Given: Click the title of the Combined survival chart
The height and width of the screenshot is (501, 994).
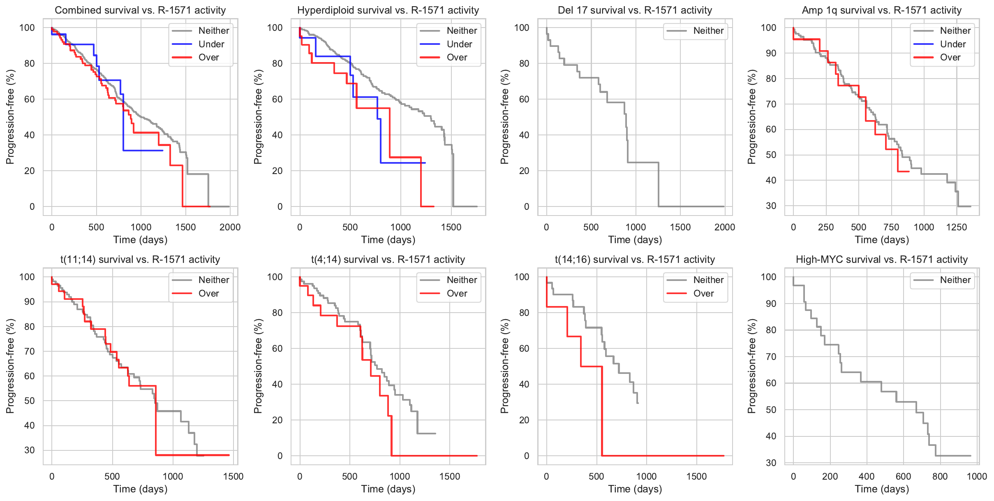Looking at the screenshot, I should click(140, 10).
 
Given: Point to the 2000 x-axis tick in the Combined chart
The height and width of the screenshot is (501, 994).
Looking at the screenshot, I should click(230, 227).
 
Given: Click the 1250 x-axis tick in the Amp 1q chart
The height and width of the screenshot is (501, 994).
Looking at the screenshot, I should click(956, 227).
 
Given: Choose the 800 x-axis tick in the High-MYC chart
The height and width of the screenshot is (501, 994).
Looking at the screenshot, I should click(940, 476).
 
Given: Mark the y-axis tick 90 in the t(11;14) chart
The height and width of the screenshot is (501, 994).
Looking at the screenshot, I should click(29, 302).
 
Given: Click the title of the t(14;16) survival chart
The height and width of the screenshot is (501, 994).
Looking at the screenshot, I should click(635, 260).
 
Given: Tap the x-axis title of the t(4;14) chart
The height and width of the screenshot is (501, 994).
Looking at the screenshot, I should click(388, 489).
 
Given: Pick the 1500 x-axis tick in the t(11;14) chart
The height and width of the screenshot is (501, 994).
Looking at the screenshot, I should click(233, 476).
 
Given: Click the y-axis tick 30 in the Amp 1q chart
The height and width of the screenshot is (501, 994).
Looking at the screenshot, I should click(771, 206).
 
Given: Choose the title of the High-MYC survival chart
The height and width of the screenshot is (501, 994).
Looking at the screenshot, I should click(881, 260).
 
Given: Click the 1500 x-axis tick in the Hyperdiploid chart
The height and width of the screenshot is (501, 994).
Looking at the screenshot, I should click(451, 227).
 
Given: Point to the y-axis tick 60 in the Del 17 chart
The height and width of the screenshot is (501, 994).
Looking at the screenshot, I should click(524, 99).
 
